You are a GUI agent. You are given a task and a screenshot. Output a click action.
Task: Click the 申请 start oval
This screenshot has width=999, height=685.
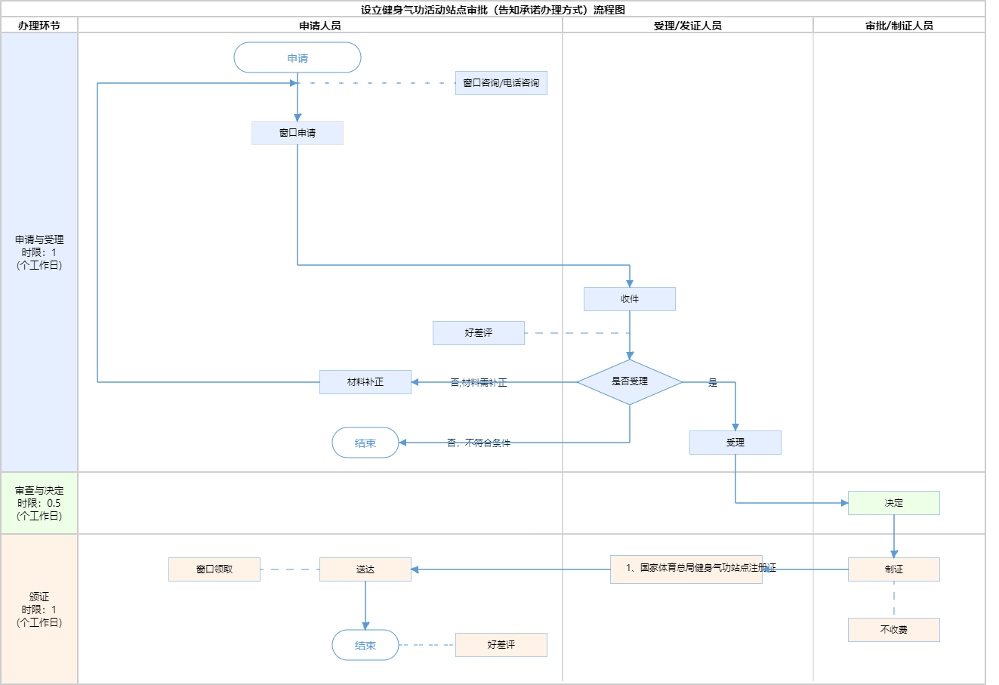[x=298, y=58]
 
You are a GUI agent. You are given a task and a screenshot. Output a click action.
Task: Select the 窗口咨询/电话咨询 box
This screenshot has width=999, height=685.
[x=501, y=83]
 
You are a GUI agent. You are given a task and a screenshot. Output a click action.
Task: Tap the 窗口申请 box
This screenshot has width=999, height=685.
[x=298, y=133]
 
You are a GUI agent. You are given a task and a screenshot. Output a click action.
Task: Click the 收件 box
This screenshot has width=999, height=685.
[x=630, y=299]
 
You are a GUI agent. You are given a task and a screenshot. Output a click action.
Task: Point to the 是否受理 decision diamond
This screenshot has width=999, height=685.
[x=630, y=382]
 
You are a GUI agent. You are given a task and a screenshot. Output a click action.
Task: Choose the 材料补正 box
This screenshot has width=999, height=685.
[x=365, y=382]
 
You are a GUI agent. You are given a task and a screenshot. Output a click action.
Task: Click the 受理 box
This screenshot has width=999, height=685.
[x=735, y=443]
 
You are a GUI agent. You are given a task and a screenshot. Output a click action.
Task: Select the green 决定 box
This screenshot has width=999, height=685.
[x=894, y=503]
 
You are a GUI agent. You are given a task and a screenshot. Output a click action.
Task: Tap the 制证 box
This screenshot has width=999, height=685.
[x=894, y=569]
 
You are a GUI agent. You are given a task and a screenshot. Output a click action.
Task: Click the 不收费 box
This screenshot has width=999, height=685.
[x=894, y=630]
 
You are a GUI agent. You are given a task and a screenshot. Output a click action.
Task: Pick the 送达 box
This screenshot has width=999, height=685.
[x=365, y=569]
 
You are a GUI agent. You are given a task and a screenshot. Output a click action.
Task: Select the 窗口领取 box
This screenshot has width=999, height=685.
[x=214, y=569]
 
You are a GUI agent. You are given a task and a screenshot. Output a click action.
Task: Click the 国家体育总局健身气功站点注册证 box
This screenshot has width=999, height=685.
[x=686, y=569]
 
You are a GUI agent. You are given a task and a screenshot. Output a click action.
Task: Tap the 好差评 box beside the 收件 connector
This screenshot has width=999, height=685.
[x=479, y=333]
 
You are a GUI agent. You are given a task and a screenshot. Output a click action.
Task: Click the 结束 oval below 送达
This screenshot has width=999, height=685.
[x=365, y=646]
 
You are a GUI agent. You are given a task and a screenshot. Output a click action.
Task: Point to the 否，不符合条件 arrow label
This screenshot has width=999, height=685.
[x=479, y=443]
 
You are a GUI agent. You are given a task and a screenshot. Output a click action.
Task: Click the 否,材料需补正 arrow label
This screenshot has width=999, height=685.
[x=479, y=383]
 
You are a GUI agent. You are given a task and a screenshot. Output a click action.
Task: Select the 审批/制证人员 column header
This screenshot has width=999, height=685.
[x=899, y=26]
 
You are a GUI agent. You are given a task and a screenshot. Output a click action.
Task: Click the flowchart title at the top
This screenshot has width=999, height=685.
[x=493, y=10]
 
